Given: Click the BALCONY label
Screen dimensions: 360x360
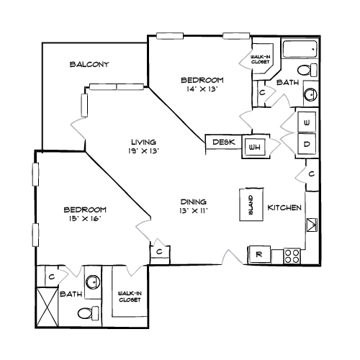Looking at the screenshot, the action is pos(89,64).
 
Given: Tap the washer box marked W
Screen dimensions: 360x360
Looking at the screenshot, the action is pos(307,122).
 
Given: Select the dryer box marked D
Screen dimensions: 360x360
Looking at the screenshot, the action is pos(307,144).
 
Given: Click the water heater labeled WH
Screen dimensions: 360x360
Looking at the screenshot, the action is pos(255,147).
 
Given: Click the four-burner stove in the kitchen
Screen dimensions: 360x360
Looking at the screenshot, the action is pos(292,256).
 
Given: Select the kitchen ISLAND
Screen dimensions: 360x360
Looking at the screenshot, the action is pos(251,204).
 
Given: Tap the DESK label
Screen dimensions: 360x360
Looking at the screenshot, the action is pos(224,142).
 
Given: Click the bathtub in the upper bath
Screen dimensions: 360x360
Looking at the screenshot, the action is pos(300,49).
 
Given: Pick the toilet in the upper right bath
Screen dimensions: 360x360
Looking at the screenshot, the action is pos(307,70).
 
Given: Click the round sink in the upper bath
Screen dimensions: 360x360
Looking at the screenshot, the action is pos(310,94).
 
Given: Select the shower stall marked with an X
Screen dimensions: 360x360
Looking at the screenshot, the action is pos(47,307).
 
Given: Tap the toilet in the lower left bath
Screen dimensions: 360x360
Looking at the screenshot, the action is pos(88,312).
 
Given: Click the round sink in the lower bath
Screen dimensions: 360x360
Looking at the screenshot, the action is pos(93,282).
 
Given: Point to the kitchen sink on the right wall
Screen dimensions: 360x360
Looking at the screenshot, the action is pos(312,225).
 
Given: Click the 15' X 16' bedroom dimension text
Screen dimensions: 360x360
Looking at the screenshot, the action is pos(85,219).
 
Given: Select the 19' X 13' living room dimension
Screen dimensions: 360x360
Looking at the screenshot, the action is pos(144,151).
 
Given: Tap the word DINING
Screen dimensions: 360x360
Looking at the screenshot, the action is pos(194,202).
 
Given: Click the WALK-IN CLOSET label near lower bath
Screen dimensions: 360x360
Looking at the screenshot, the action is pos(130,297).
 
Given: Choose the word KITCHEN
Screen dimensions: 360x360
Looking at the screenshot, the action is pos(284,207).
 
